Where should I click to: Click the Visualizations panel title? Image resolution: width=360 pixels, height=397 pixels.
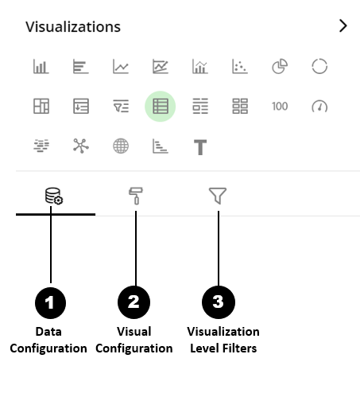pos(73,27)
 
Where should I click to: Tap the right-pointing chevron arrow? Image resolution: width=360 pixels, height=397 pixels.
pos(343,26)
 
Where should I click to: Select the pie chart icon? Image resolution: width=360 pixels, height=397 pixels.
pos(280,66)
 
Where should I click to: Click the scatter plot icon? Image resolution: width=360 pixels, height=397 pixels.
pos(240,66)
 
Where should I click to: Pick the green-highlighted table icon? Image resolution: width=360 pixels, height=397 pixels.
pos(161,106)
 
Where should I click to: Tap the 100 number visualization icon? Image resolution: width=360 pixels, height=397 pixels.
pos(280,107)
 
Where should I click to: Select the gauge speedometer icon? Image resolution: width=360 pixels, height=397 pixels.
pos(319,107)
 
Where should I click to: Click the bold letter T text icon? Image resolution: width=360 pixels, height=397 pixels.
pos(200,147)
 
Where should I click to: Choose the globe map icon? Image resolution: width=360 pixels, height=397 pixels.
pos(121,146)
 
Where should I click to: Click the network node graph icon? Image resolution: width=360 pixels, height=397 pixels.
pos(81,146)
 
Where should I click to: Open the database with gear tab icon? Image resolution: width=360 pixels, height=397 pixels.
pos(54,196)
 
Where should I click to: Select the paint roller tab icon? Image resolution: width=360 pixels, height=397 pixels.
pos(136,196)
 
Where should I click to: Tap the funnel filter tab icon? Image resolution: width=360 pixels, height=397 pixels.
pos(218,196)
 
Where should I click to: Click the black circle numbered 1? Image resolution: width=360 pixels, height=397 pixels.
pos(50,302)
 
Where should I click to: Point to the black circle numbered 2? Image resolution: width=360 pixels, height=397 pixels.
pos(134,302)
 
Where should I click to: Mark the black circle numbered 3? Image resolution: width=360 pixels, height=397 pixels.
pos(219,302)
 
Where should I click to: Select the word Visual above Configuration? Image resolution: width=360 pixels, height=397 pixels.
pos(134,332)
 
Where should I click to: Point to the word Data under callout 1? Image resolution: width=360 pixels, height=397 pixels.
pos(48,332)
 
